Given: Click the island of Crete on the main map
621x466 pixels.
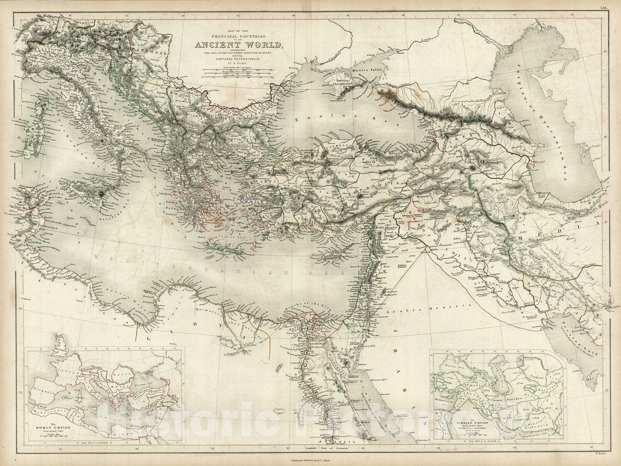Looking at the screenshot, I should point(223,246).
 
